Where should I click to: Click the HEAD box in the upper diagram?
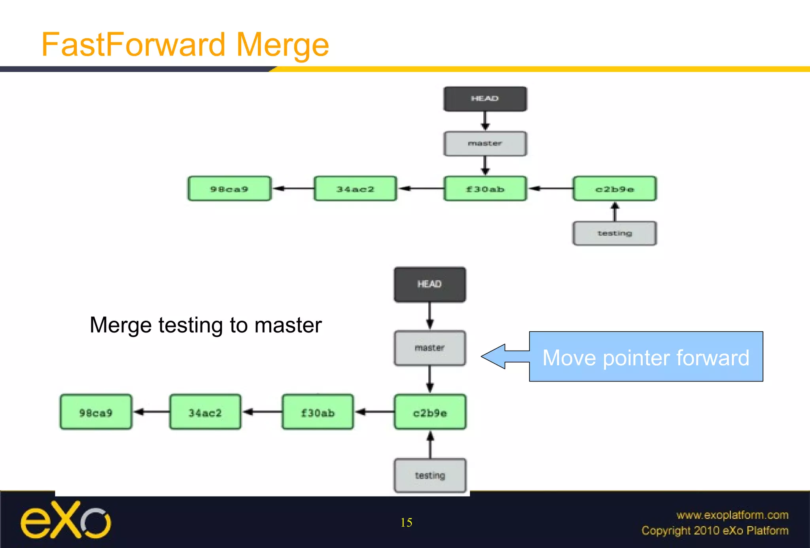(485, 99)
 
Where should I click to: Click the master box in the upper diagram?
(485, 144)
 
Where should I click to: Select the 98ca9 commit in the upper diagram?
(229, 189)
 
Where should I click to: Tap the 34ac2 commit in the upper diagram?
(355, 189)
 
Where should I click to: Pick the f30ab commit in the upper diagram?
(485, 189)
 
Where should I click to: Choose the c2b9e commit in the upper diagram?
(614, 189)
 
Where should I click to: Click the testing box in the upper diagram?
(614, 233)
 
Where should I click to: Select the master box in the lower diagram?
(430, 348)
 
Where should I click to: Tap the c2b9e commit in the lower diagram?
(430, 412)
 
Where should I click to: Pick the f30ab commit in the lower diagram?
(318, 412)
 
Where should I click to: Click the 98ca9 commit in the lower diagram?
(96, 412)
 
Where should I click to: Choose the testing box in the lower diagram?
(430, 476)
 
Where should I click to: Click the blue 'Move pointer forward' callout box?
(645, 357)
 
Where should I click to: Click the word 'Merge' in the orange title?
(282, 45)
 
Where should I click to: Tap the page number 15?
(406, 523)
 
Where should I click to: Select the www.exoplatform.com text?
(732, 515)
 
